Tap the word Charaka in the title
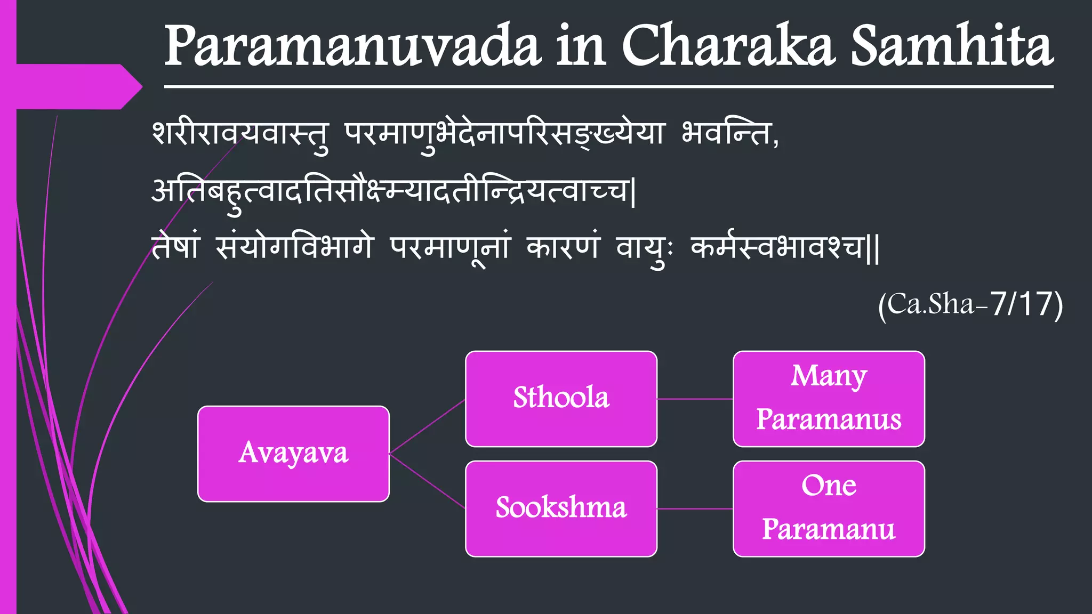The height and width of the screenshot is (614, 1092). pyautogui.click(x=728, y=47)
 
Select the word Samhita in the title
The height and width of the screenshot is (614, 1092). pyautogui.click(x=952, y=47)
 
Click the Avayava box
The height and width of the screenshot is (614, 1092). pyautogui.click(x=293, y=454)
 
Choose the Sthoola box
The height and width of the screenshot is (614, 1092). pyautogui.click(x=561, y=399)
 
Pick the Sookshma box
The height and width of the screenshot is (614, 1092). pyautogui.click(x=561, y=508)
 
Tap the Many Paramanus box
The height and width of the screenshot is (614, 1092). pyautogui.click(x=829, y=399)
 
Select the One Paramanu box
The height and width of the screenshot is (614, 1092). pyautogui.click(x=829, y=508)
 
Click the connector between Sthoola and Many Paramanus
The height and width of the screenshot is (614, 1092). pyautogui.click(x=695, y=399)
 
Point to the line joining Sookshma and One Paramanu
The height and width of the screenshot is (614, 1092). pyautogui.click(x=695, y=509)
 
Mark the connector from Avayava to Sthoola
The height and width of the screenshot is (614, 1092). pyautogui.click(x=427, y=426)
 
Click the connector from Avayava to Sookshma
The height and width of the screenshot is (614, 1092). pyautogui.click(x=427, y=481)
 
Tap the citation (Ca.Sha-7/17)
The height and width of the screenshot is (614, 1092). pyautogui.click(x=970, y=305)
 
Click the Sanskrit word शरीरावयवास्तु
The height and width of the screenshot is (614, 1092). pyautogui.click(x=240, y=134)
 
